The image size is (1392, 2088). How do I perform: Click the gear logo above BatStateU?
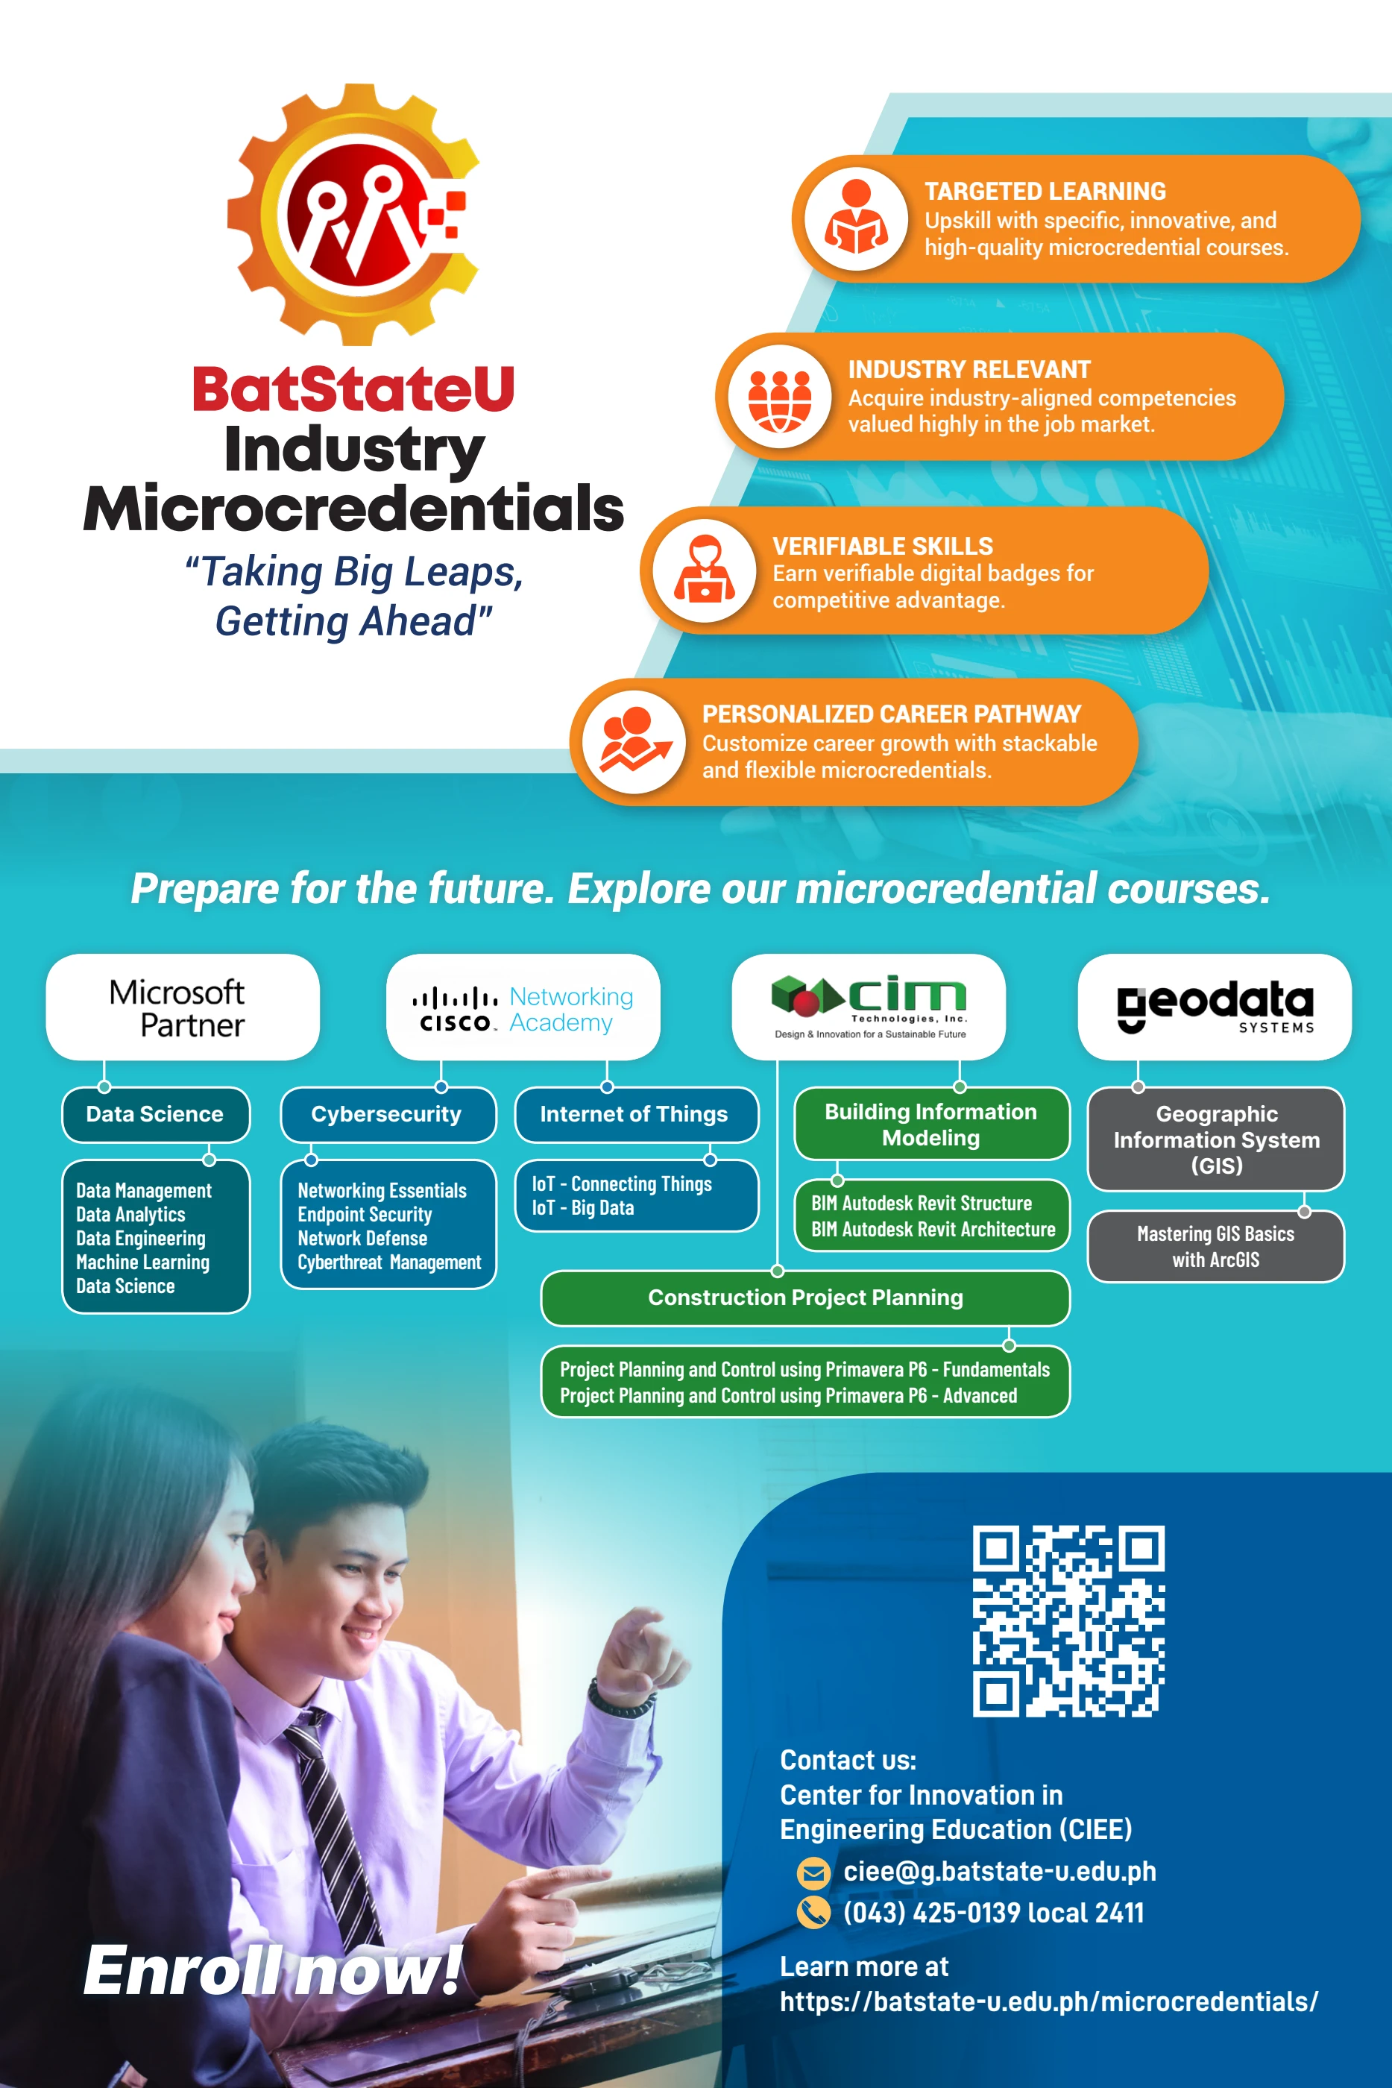click(353, 214)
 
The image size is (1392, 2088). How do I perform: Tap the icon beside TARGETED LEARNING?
click(856, 218)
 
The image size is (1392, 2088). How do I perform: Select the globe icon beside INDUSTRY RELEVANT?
click(779, 396)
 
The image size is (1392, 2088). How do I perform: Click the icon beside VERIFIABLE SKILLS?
click(704, 570)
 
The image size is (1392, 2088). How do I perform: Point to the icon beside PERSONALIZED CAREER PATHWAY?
click(634, 742)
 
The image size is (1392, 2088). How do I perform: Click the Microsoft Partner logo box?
click(183, 1007)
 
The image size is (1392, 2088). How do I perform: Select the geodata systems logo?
click(1215, 1007)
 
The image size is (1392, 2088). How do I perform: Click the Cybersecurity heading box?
click(388, 1114)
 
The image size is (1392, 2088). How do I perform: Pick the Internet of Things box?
click(637, 1114)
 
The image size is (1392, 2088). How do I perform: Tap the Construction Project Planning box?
click(805, 1298)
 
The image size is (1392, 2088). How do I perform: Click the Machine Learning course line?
click(143, 1262)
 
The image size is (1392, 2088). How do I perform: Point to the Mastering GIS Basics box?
click(1215, 1246)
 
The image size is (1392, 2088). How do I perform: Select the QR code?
click(1069, 1621)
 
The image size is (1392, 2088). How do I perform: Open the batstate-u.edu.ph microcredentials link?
click(1048, 2002)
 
